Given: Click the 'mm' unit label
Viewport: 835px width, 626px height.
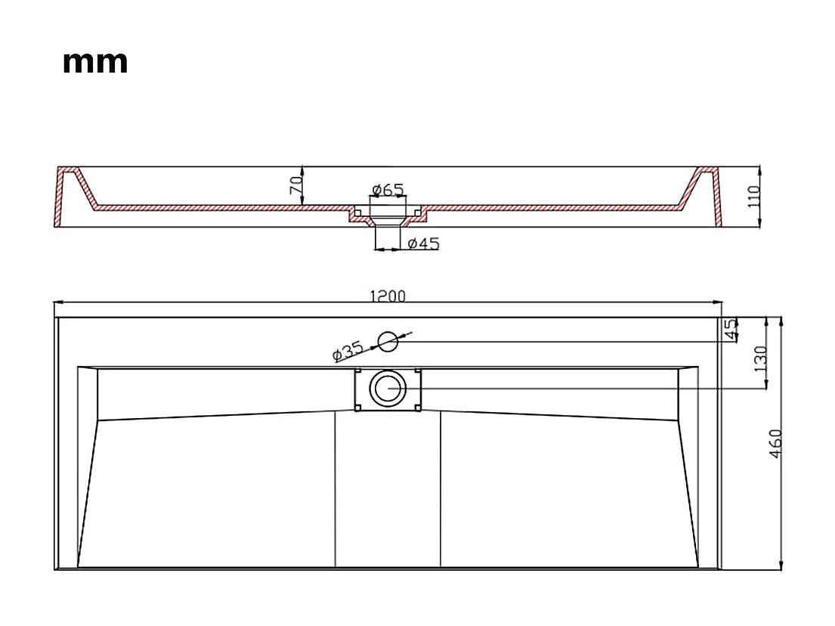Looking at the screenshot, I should pyautogui.click(x=95, y=62).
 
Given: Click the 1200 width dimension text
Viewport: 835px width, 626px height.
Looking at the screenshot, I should pyautogui.click(x=387, y=296).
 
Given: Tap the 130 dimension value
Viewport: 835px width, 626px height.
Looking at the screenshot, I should pyautogui.click(x=759, y=358).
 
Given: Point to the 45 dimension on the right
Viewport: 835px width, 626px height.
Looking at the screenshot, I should pyautogui.click(x=731, y=330).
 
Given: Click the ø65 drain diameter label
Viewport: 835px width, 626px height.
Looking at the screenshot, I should pyautogui.click(x=388, y=190).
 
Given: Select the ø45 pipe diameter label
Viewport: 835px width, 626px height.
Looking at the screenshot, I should pyautogui.click(x=423, y=243).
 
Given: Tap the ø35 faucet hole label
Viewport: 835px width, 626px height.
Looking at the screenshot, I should pyautogui.click(x=348, y=351).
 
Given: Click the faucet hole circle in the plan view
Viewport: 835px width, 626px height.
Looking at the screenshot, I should pyautogui.click(x=388, y=341).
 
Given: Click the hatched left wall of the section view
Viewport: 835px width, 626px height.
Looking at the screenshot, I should pyautogui.click(x=59, y=198).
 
